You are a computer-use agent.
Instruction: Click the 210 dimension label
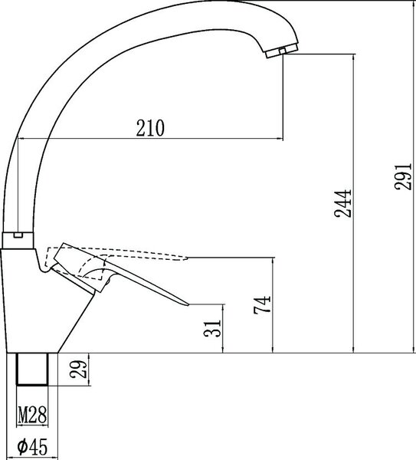[x=150, y=128]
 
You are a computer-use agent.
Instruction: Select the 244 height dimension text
[x=342, y=204]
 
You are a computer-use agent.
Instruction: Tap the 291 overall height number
[x=404, y=176]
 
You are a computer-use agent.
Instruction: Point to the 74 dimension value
[x=262, y=305]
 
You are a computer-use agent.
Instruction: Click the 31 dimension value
[x=212, y=328]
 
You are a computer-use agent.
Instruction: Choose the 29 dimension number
[x=78, y=369]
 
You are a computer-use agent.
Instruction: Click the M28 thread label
[x=32, y=415]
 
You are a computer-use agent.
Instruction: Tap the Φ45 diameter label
[x=32, y=447]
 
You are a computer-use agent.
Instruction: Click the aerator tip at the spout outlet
[x=282, y=51]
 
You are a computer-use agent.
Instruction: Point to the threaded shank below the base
[x=32, y=369]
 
